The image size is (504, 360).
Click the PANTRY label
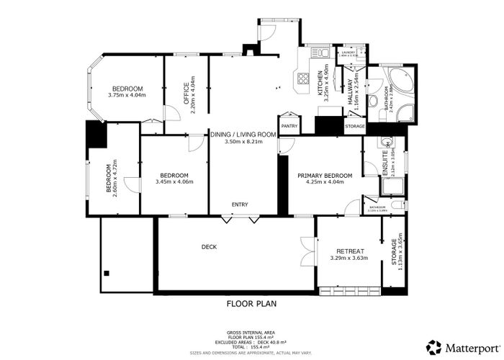(289, 126)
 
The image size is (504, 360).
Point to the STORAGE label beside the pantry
(354, 126)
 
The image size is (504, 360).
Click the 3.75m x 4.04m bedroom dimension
(127, 95)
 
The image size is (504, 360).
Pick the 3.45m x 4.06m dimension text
(174, 181)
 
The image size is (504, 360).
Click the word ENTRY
(240, 204)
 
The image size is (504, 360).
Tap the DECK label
(210, 247)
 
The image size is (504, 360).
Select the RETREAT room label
(349, 251)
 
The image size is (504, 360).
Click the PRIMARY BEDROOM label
(325, 176)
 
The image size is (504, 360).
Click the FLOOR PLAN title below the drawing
(251, 303)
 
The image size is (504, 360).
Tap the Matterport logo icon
(433, 346)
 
